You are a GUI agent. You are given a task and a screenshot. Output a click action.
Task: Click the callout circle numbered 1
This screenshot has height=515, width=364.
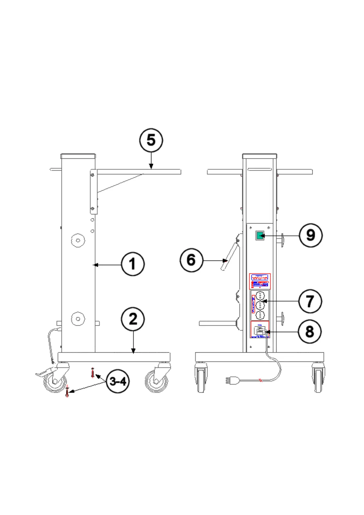click(x=133, y=264)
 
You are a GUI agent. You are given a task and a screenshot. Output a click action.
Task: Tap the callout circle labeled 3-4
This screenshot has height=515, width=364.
click(x=118, y=381)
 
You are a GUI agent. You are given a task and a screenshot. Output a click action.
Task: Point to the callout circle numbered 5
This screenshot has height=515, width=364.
click(x=151, y=140)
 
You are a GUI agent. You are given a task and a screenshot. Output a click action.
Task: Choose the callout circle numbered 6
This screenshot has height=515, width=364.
click(x=191, y=260)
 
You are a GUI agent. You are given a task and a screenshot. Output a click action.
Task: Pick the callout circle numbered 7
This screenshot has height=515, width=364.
click(x=310, y=301)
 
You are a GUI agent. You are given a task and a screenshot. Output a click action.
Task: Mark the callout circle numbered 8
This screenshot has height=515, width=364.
click(x=310, y=332)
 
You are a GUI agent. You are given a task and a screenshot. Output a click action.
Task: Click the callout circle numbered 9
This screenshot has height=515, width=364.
click(x=310, y=235)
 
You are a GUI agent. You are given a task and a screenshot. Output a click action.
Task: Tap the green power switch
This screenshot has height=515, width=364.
click(x=260, y=236)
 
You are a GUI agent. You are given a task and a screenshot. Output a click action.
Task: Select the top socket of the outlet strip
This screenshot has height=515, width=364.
click(x=260, y=296)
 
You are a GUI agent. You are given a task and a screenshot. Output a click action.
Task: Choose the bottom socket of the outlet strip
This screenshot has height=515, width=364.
click(x=260, y=315)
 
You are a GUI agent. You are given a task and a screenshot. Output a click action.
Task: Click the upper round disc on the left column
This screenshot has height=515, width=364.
click(x=78, y=240)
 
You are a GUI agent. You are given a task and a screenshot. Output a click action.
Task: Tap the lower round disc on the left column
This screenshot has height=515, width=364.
click(x=78, y=319)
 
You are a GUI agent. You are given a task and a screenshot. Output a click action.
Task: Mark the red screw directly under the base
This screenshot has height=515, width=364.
click(x=93, y=372)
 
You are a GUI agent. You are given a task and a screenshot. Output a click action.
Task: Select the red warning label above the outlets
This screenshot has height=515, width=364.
click(x=260, y=281)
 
